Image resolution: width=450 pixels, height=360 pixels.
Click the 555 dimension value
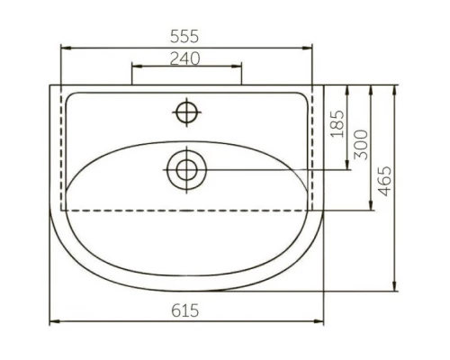pos(184,36)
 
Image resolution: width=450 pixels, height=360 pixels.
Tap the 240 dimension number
pos(184,58)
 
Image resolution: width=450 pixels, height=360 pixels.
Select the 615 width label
pos(184,310)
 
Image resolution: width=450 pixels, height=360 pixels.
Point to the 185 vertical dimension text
pos(337,124)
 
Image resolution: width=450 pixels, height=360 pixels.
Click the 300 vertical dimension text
pos(361,145)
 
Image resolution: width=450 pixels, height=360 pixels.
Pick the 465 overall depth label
pos(384,181)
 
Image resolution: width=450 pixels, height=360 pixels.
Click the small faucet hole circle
pos(186,112)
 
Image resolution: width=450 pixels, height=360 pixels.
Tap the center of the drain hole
pos(186,170)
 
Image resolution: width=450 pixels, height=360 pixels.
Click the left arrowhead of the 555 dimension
pos(66,48)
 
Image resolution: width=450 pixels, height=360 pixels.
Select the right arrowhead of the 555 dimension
pos(307,48)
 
